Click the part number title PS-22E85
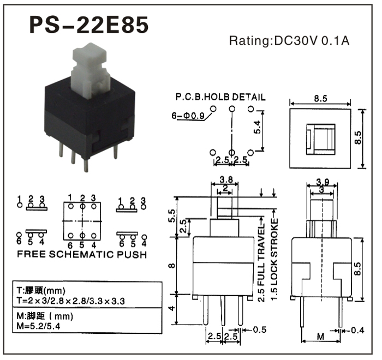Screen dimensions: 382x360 point(88,25)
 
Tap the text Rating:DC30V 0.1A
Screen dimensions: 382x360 point(289,41)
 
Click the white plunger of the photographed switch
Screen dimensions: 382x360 point(90,70)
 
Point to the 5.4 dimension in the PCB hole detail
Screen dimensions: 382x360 point(257,127)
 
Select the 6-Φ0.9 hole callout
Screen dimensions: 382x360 point(188,116)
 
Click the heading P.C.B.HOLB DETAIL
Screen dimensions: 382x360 point(220,97)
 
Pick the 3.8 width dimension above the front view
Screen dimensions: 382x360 point(226,180)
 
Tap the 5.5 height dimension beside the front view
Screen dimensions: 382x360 point(171,215)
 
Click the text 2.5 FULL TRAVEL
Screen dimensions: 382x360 point(261,262)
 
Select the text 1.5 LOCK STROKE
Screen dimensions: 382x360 point(274,259)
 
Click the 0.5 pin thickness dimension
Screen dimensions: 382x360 point(260,329)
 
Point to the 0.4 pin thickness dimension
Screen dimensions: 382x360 point(357,331)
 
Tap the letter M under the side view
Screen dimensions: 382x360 point(321,337)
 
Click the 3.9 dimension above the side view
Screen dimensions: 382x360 point(323,182)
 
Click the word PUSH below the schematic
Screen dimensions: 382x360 point(132,255)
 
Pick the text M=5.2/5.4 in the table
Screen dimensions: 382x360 point(38,326)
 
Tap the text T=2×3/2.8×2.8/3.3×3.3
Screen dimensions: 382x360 point(70,301)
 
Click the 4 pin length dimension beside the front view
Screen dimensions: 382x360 point(172,308)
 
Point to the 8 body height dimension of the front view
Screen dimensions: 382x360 point(172,265)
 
